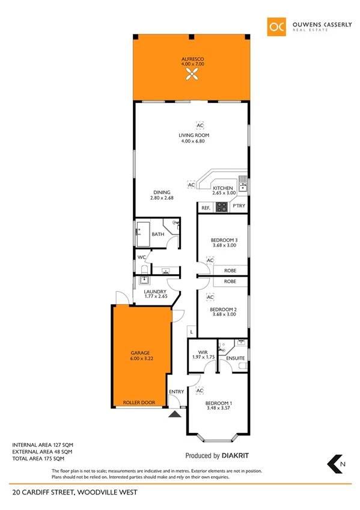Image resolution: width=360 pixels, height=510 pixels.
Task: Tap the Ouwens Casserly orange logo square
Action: pos(276,26)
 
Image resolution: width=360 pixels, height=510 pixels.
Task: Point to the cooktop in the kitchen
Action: pos(221,207)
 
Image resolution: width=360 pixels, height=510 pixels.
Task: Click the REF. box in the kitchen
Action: pos(205,208)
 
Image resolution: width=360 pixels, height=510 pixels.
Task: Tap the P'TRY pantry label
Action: pos(238,207)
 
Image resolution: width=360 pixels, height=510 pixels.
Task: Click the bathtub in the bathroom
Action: pos(142,234)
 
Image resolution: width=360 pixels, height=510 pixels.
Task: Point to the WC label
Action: pos(142,257)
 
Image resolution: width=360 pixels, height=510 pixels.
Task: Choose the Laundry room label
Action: pos(155,292)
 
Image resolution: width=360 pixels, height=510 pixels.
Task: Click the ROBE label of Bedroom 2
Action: pos(230,281)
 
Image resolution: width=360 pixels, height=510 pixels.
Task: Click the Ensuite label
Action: pos(235,358)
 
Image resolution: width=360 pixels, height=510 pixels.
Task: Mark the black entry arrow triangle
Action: pos(175,414)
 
